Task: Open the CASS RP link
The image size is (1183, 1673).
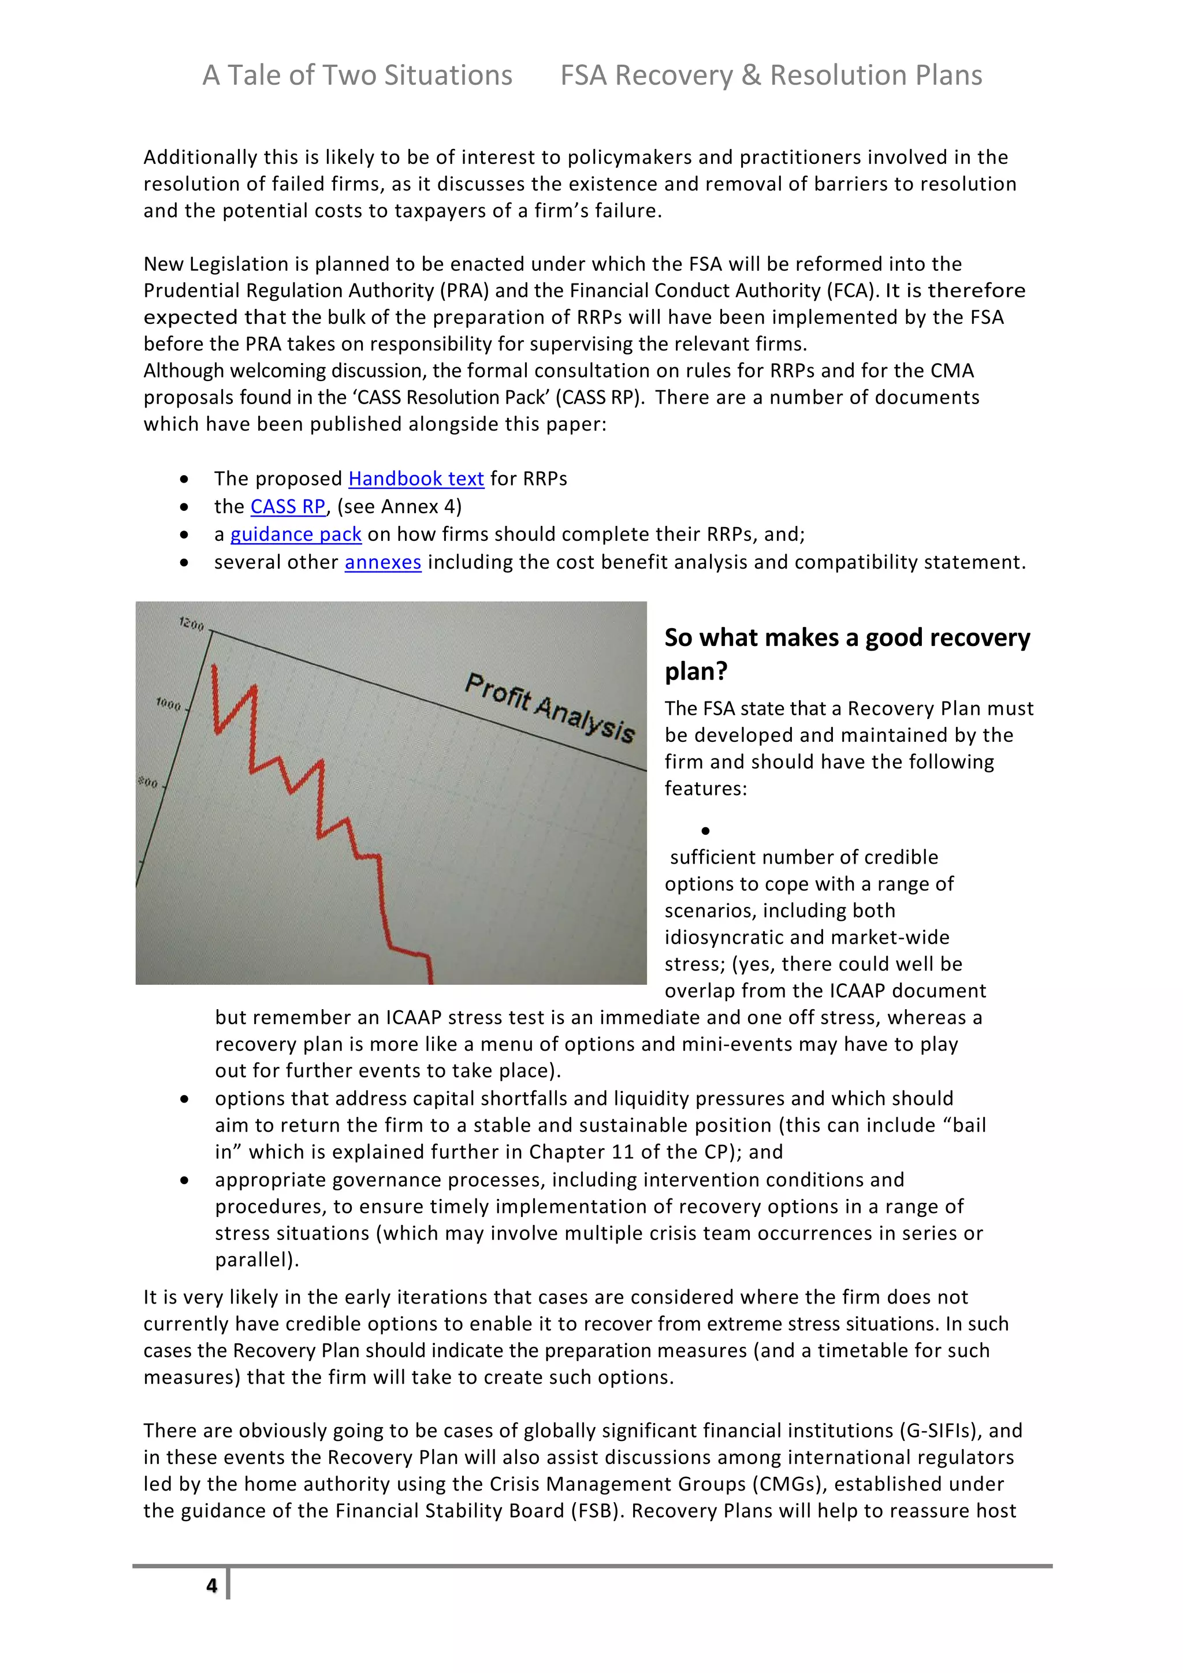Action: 287,506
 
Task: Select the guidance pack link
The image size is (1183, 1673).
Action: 295,534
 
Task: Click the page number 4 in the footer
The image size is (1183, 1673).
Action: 211,1586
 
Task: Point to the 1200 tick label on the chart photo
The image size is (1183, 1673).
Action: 192,623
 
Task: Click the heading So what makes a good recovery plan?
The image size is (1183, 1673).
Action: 846,653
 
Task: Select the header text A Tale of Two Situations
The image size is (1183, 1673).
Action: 357,75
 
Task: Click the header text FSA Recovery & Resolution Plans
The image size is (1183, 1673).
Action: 771,75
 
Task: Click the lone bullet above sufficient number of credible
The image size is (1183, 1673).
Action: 705,831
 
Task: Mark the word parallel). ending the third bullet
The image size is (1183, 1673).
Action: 256,1260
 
